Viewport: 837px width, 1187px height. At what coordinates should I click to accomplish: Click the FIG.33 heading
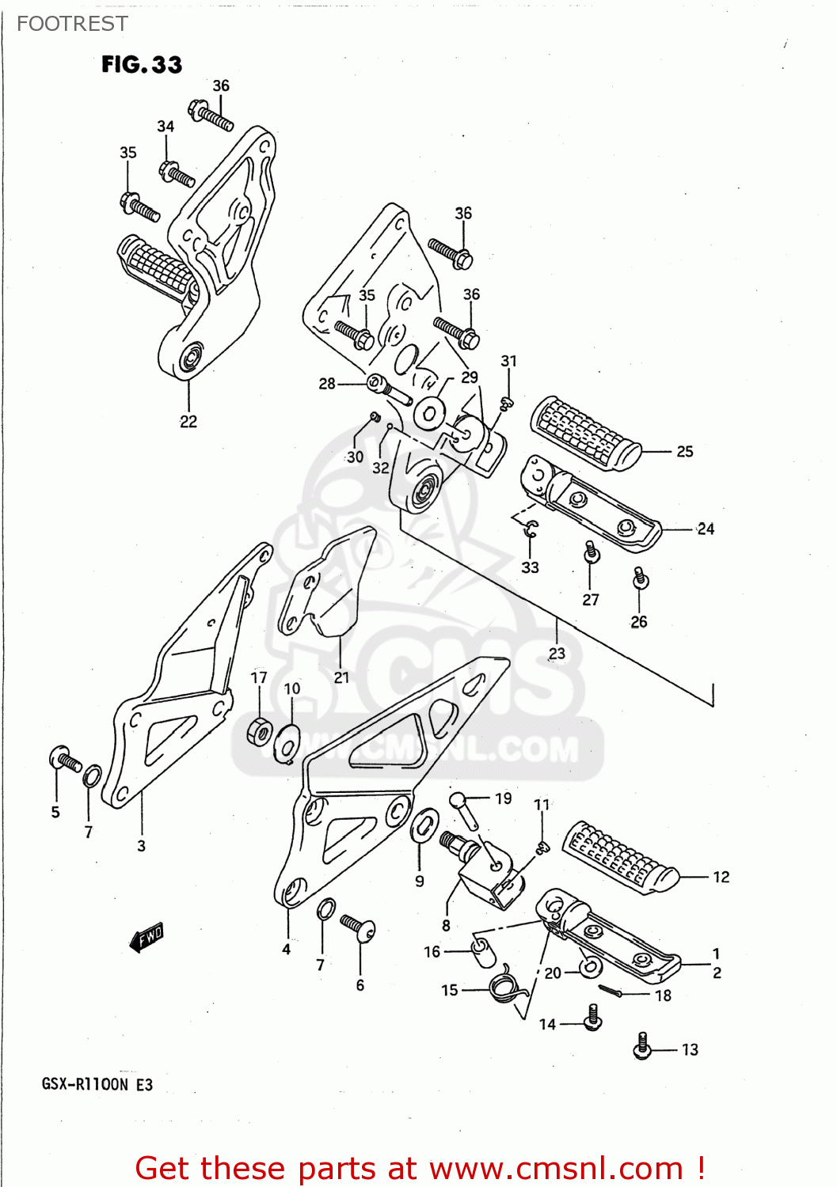(x=142, y=65)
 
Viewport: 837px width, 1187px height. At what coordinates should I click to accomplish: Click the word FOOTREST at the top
(x=72, y=25)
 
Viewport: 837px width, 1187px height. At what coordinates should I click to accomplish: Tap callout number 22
(x=188, y=422)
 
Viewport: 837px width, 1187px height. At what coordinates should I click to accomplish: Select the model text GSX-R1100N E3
(x=97, y=1084)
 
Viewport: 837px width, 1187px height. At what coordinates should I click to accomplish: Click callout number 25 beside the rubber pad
(x=685, y=452)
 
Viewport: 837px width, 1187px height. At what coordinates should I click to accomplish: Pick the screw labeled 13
(x=642, y=1046)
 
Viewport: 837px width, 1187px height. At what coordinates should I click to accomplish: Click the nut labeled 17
(x=259, y=730)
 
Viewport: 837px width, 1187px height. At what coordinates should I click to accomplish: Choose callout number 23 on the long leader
(x=557, y=654)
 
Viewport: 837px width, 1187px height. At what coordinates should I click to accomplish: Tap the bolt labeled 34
(x=177, y=173)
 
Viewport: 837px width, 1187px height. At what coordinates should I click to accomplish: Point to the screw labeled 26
(x=641, y=580)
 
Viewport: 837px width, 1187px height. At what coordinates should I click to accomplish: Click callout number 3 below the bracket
(x=141, y=846)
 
